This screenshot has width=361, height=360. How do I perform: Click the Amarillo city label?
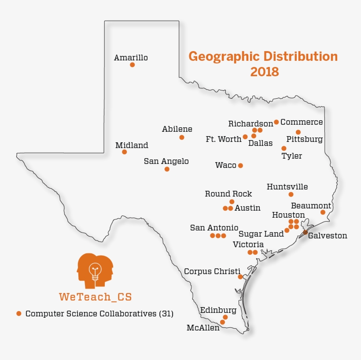[x=131, y=58]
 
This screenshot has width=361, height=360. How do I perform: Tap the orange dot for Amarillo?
[x=132, y=65]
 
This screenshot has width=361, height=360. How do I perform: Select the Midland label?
[x=132, y=145]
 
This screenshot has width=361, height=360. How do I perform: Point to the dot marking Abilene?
[x=182, y=137]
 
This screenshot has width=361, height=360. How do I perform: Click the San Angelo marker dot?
[x=167, y=169]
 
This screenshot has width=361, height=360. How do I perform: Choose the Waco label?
[x=225, y=165]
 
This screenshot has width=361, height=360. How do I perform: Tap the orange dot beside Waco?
[x=240, y=166]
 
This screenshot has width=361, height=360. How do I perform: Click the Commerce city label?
[x=302, y=122]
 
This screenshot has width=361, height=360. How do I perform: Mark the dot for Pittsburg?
[x=298, y=132]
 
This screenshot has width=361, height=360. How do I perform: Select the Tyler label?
[x=292, y=156]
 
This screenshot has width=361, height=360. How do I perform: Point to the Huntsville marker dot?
[x=291, y=194]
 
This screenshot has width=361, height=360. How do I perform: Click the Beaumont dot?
[x=323, y=212]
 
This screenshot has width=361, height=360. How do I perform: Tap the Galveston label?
[x=328, y=236]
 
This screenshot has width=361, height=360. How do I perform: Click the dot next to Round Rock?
[x=232, y=202]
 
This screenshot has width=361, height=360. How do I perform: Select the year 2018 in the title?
[x=265, y=72]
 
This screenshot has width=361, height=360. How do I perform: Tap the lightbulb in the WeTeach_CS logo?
[x=95, y=270]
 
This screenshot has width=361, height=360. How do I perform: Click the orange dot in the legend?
[x=18, y=314]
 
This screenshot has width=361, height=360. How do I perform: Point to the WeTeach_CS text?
[x=95, y=297]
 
